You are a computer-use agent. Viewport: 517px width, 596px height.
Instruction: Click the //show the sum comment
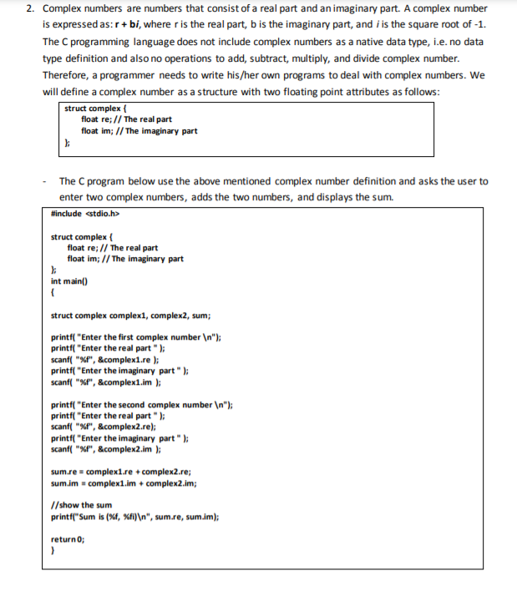click(x=82, y=505)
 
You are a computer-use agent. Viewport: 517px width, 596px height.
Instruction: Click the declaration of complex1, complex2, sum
click(x=130, y=316)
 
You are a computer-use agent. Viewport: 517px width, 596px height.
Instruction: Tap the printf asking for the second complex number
click(x=141, y=405)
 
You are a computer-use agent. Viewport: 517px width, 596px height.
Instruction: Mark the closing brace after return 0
click(x=53, y=551)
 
